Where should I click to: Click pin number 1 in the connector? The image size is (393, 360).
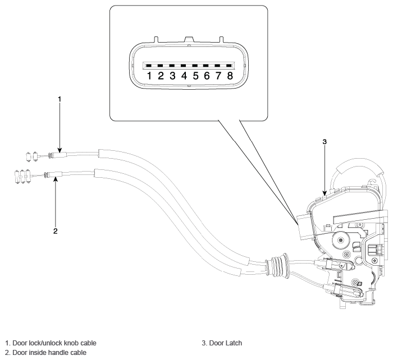tap(149, 76)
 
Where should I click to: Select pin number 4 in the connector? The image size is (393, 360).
tap(184, 76)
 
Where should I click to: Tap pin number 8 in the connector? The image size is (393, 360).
tap(230, 76)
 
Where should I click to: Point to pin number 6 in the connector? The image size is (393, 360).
tap(207, 76)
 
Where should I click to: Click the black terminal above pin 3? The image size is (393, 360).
tap(172, 66)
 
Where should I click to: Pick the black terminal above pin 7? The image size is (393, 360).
tap(218, 66)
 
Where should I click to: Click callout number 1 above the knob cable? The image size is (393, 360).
tap(60, 99)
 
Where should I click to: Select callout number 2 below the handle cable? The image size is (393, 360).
tap(56, 231)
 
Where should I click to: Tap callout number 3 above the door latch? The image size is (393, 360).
tap(325, 142)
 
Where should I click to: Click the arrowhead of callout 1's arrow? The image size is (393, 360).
tap(60, 150)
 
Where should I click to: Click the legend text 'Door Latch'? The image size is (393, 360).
tap(226, 343)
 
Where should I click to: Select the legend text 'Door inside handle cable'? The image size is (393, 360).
tap(49, 353)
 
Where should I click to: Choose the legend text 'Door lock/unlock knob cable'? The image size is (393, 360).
tap(54, 343)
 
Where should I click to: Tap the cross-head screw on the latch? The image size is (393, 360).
tap(375, 260)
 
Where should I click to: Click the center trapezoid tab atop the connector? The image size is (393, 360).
tap(189, 39)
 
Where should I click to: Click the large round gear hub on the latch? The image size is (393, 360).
tap(341, 241)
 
